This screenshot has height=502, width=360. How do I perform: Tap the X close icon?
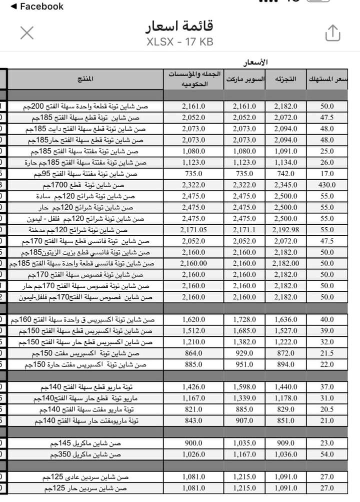point(27,33)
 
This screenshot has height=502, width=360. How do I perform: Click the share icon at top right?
point(332,33)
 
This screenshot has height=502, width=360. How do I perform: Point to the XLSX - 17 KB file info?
point(180,42)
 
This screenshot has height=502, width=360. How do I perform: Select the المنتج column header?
point(85,79)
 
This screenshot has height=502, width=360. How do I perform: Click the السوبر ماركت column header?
point(244,79)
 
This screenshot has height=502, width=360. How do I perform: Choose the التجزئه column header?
point(285,79)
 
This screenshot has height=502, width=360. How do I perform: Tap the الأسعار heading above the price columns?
point(255,63)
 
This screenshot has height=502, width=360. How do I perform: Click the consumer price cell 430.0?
point(327,185)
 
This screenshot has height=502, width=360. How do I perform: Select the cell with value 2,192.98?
point(285,230)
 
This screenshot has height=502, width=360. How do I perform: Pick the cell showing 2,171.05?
point(194,230)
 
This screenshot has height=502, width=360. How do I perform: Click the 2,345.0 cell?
point(285,185)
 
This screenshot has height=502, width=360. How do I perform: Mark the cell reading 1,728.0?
point(244,319)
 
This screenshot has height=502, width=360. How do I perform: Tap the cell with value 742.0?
point(285,174)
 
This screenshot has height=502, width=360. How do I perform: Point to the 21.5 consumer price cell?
point(327,353)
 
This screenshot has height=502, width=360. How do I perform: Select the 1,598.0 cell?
point(244,387)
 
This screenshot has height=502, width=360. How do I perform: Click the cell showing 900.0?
point(194,443)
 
